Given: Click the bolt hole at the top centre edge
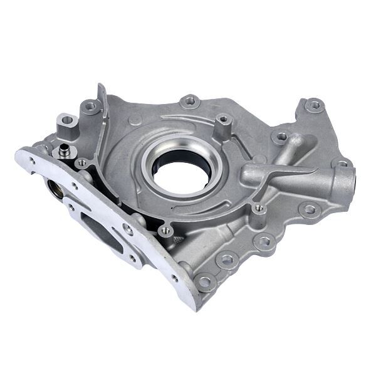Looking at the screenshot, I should pyautogui.click(x=189, y=101).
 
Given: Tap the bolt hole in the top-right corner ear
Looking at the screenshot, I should pyautogui.click(x=314, y=105).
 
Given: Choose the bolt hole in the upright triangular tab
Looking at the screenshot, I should pyautogui.click(x=91, y=107).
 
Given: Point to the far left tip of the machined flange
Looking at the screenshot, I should pyautogui.click(x=19, y=152).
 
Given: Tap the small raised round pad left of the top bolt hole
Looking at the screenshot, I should pyautogui.click(x=135, y=120).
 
